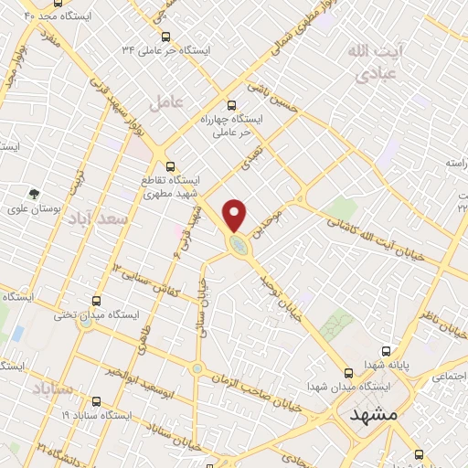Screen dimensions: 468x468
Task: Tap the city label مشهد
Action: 375,414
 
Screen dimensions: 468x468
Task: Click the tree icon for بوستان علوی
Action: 34,194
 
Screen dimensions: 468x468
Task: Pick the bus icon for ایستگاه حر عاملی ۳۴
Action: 165,37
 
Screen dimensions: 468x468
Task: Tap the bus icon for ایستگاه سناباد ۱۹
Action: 97,400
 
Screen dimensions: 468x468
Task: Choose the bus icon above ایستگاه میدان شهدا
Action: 348,372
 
